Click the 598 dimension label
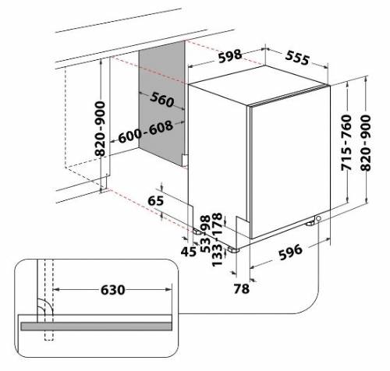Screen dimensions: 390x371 [x=230, y=56]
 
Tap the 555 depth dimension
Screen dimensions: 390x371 [x=297, y=58]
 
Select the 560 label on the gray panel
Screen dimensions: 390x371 [x=162, y=99]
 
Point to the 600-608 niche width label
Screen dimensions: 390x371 [x=146, y=132]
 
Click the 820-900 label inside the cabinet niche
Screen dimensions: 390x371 [x=100, y=129]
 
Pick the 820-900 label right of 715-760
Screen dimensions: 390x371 [x=366, y=143]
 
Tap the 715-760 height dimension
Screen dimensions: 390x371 [x=346, y=143]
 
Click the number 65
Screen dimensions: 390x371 [x=156, y=201]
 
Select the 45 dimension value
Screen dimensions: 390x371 [x=189, y=252]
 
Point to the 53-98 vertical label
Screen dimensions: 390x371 [x=205, y=234]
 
